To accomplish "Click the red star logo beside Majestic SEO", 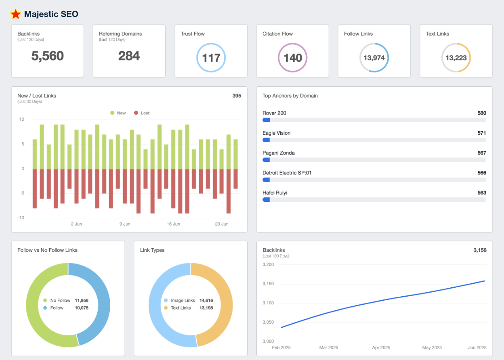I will tap(16, 14).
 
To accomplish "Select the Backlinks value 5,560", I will tap(48, 56).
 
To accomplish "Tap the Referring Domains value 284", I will tap(129, 56).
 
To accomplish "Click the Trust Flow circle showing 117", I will tap(211, 58).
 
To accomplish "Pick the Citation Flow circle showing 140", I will tap(293, 58).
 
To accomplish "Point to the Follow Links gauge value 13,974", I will tap(374, 58).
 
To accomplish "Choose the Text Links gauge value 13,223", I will tap(456, 58).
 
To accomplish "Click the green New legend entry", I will tap(118, 113).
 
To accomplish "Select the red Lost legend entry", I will tap(142, 113).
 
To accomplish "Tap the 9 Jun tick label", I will tap(125, 224).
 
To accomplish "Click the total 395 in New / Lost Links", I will tap(237, 96).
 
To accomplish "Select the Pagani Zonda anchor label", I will tap(279, 153).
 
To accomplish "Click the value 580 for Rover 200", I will tap(481, 113).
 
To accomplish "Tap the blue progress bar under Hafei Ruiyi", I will tap(266, 199).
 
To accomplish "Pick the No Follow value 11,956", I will tap(82, 300).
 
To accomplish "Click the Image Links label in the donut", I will tap(183, 300).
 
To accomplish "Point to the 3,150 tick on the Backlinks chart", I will tap(268, 284).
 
